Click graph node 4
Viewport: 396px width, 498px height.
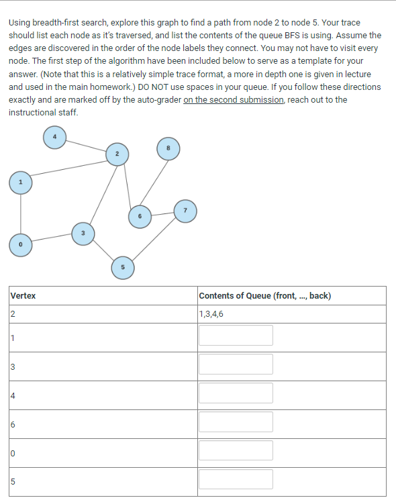click(x=55, y=138)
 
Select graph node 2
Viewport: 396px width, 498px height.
click(x=117, y=154)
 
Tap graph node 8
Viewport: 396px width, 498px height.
click(x=168, y=148)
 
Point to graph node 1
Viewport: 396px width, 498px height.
click(x=21, y=182)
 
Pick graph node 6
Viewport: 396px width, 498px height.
click(x=140, y=217)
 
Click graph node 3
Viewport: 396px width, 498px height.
click(x=83, y=233)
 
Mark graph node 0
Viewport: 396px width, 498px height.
click(x=21, y=245)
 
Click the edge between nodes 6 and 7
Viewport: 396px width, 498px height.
click(x=162, y=213)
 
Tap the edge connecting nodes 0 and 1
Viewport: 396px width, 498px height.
click(x=21, y=213)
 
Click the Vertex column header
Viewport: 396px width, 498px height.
click(x=23, y=296)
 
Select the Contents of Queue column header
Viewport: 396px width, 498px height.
click(x=264, y=296)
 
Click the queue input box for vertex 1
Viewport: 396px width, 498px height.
click(x=236, y=336)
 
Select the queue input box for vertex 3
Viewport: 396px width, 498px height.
click(x=236, y=364)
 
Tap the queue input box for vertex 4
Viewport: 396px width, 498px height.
click(x=236, y=393)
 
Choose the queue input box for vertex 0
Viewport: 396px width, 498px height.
click(x=236, y=451)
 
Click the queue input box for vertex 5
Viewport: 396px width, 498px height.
click(x=236, y=480)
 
